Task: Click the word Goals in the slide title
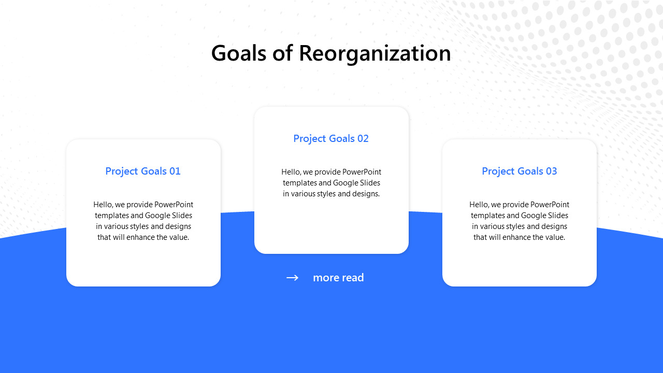239,53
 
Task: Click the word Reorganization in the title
374,53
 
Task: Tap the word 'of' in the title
283,53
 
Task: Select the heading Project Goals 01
143,171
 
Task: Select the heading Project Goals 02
331,138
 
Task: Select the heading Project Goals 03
520,171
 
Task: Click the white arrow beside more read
293,278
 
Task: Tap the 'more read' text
338,278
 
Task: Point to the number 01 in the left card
175,171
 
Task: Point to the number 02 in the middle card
363,138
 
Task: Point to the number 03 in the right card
551,171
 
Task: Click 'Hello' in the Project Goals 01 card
103,205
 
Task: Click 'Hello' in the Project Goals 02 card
291,172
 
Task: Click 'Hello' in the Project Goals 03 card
479,205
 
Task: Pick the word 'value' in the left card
178,237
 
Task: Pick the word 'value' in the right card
554,237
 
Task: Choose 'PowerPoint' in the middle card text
362,172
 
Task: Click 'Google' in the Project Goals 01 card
158,216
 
